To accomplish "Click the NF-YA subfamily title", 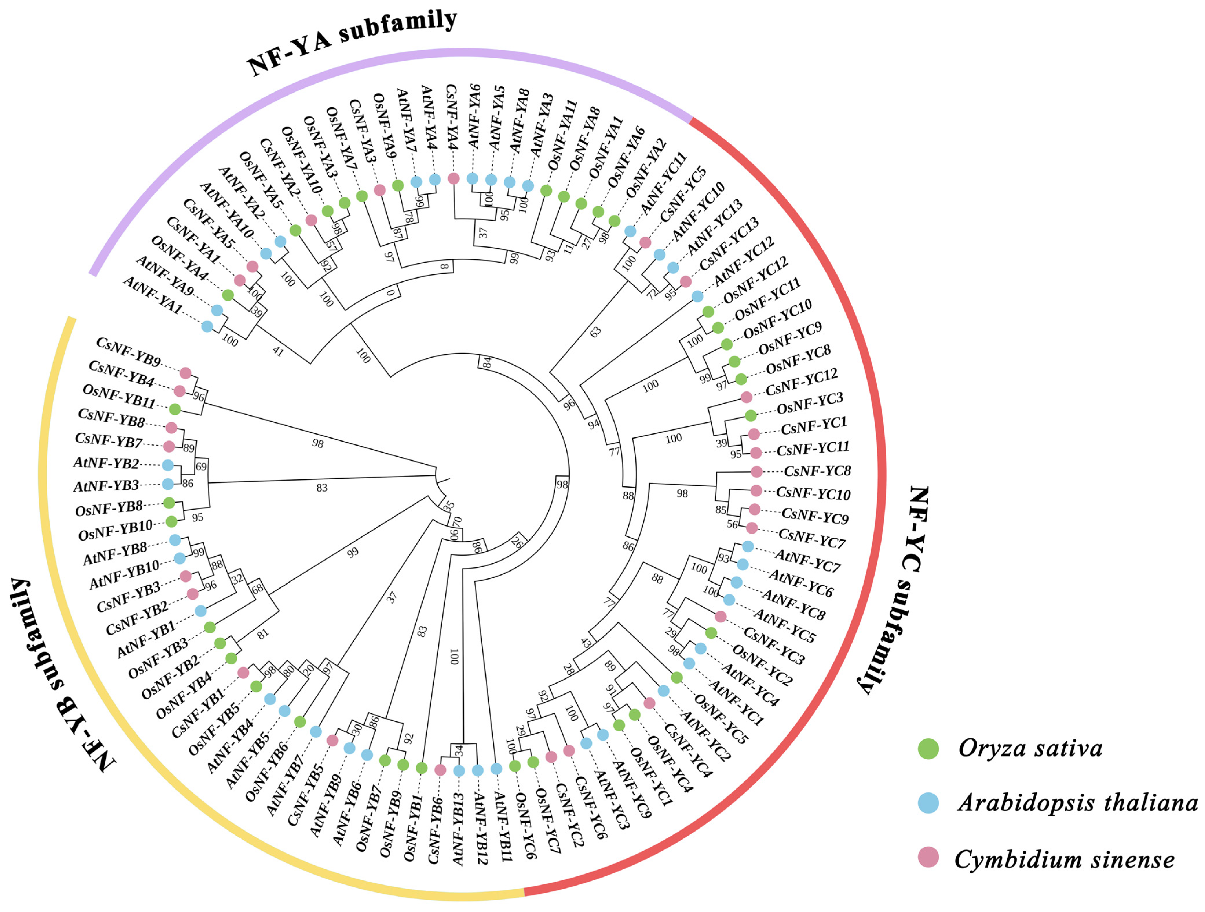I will tap(351, 43).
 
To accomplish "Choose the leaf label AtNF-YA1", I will tap(153, 294).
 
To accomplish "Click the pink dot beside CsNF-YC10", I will tap(756, 490).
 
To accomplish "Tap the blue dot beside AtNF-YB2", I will tap(168, 466).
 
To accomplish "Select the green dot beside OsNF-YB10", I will tap(172, 522).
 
